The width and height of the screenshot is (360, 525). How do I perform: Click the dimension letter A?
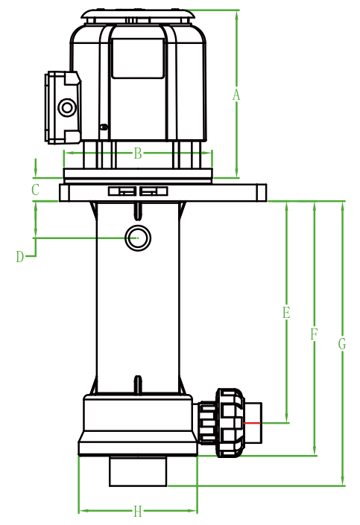[x=236, y=95]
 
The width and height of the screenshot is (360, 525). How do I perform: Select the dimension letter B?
[x=138, y=153]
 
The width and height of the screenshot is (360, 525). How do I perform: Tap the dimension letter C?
[x=35, y=189]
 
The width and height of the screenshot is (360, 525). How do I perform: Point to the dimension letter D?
[x=20, y=257]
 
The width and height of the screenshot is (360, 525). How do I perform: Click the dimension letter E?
[x=286, y=312]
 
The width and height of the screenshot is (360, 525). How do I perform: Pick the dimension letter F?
[x=314, y=334]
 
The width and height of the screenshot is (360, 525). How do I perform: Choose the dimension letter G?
[x=342, y=344]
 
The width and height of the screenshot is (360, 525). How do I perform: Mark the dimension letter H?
[x=138, y=512]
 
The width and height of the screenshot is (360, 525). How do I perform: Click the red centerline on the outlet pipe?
[x=252, y=423]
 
